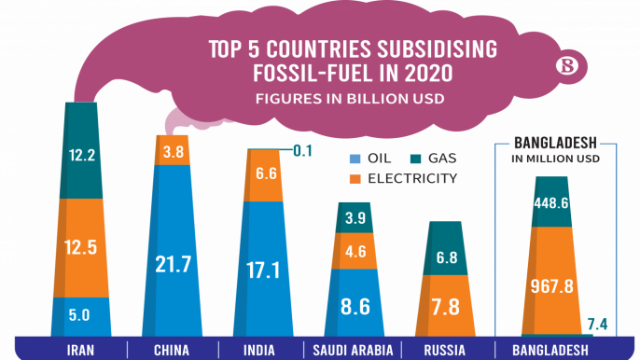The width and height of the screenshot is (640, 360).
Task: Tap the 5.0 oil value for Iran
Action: (81, 316)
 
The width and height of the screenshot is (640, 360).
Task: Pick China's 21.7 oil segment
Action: (174, 264)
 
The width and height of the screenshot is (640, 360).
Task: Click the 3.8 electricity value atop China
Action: (173, 151)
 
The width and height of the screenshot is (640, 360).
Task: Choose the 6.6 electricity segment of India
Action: (263, 173)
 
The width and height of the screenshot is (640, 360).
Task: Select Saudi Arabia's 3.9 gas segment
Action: (355, 217)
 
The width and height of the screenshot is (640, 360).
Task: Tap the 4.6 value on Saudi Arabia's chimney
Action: (355, 250)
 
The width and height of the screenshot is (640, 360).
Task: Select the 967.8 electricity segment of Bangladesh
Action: (551, 284)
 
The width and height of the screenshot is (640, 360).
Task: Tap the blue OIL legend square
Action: (355, 158)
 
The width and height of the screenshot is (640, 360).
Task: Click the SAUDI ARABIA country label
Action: (351, 351)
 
